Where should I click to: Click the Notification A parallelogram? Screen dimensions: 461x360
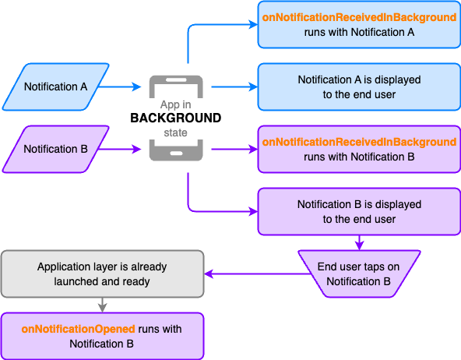pyautogui.click(x=56, y=86)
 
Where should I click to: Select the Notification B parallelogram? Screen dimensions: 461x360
pyautogui.click(x=56, y=149)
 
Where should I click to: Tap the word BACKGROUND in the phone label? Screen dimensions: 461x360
pyautogui.click(x=176, y=118)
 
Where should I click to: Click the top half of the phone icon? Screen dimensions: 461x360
pyautogui.click(x=176, y=86)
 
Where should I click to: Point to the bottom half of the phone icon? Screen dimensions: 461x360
pyautogui.click(x=176, y=150)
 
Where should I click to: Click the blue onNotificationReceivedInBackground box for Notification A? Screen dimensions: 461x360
pyautogui.click(x=359, y=24)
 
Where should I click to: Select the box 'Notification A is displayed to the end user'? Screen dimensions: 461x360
pyautogui.click(x=359, y=86)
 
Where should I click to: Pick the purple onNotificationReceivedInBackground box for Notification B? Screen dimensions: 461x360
pyautogui.click(x=359, y=149)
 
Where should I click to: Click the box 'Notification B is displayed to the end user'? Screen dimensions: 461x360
pyautogui.click(x=359, y=211)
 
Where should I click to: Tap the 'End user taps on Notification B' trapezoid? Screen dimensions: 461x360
pyautogui.click(x=359, y=274)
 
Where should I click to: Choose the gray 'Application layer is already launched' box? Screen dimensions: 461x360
pyautogui.click(x=102, y=274)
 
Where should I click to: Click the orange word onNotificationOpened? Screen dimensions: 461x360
pyautogui.click(x=78, y=329)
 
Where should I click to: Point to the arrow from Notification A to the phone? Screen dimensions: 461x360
pyautogui.click(x=120, y=86)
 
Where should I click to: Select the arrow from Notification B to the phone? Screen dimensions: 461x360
pyautogui.click(x=120, y=149)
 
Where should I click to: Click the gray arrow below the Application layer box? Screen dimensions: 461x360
pyautogui.click(x=102, y=305)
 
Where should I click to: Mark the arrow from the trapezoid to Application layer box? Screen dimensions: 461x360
pyautogui.click(x=257, y=274)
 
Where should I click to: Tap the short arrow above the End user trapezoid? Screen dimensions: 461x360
pyautogui.click(x=359, y=242)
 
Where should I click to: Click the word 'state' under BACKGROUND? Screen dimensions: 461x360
pyautogui.click(x=175, y=132)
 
